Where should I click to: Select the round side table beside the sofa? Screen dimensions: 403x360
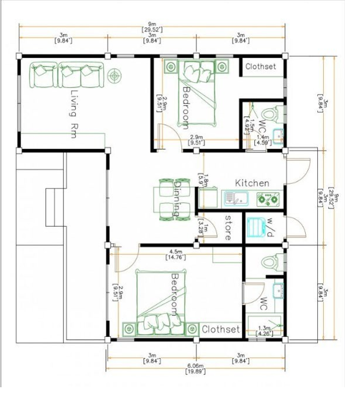pos(115,75)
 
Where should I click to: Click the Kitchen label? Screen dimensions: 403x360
pos(252,183)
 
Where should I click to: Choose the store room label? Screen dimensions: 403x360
pos(228,228)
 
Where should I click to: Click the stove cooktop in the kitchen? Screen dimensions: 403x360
pos(268,199)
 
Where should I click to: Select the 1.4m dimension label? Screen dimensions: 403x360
pos(263,138)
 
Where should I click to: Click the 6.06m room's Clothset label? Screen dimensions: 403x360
pos(221,330)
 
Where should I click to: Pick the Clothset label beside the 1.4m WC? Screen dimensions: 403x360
pos(261,67)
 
